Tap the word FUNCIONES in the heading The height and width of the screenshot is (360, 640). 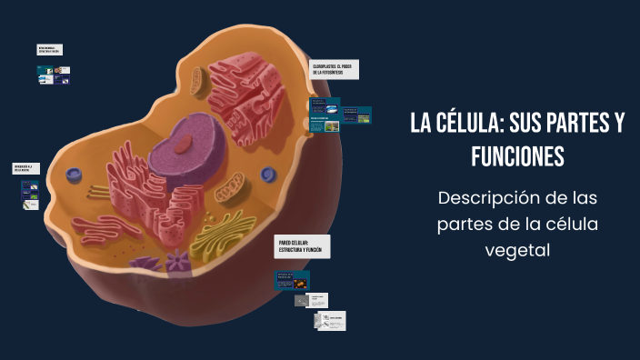(517, 156)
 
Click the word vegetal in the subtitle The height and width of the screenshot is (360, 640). (517, 248)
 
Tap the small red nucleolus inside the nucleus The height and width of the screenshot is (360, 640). (185, 141)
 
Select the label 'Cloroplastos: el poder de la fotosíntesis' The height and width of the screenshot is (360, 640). (334, 70)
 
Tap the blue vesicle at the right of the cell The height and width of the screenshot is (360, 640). (268, 174)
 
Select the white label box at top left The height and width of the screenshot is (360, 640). (50, 50)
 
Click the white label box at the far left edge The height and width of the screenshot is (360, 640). (25, 168)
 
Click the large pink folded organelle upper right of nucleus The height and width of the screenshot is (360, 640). (245, 95)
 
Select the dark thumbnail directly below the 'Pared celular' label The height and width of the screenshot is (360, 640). (293, 279)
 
